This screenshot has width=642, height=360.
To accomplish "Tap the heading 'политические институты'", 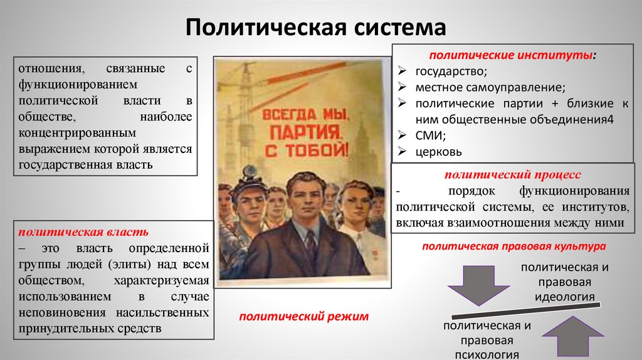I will click(512, 56).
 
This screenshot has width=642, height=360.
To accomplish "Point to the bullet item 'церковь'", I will click(438, 152).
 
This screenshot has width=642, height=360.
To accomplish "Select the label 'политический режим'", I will click(303, 317).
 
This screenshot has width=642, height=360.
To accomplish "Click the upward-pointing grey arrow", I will click(572, 336).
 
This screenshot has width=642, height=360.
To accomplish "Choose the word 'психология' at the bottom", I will click(488, 354).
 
